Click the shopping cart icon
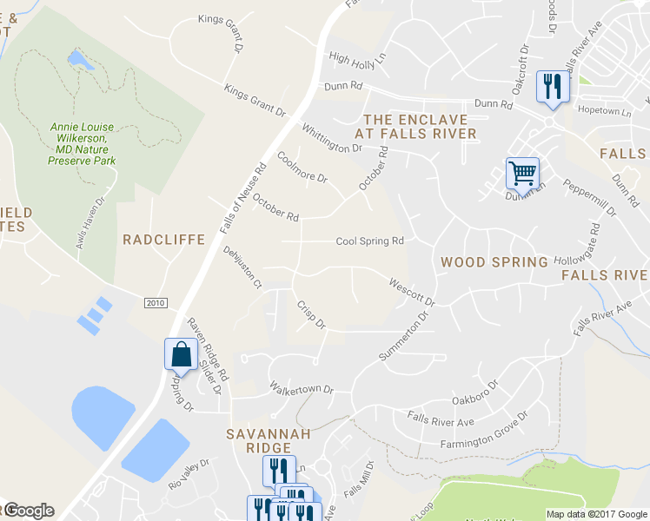pyautogui.click(x=522, y=172)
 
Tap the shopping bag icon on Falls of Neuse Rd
pyautogui.click(x=180, y=354)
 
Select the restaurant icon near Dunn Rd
pyautogui.click(x=553, y=86)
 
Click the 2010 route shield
pyautogui.click(x=156, y=301)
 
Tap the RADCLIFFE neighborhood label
pyautogui.click(x=163, y=240)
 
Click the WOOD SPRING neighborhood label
pyautogui.click(x=494, y=261)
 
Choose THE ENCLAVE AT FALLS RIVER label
pyautogui.click(x=415, y=127)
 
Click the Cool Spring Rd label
pyautogui.click(x=370, y=241)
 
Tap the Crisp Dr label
pyautogui.click(x=310, y=315)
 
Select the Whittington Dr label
pyautogui.click(x=331, y=139)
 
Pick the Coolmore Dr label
pyautogui.click(x=302, y=168)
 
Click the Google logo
pyautogui.click(x=29, y=511)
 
